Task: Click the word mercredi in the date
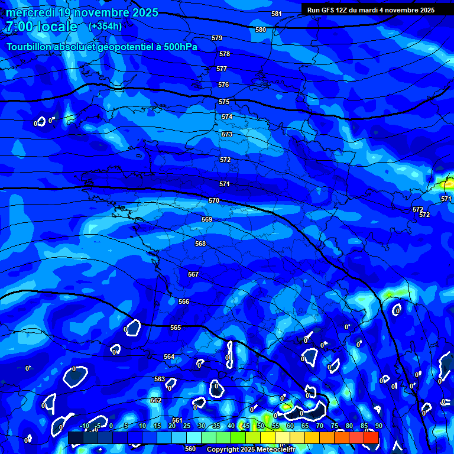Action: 30,12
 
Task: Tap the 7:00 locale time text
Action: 41,27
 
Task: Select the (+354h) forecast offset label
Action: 105,26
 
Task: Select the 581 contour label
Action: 277,14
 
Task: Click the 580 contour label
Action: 261,30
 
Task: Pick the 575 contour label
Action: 224,102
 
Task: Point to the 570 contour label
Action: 214,201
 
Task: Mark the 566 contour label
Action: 184,302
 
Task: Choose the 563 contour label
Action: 160,379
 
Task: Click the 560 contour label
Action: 190,449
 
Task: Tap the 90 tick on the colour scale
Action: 378,426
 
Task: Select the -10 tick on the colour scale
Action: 84,426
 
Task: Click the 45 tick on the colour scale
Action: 245,426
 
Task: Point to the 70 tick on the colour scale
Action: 319,426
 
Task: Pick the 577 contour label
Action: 222,69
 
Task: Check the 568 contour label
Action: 200,244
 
